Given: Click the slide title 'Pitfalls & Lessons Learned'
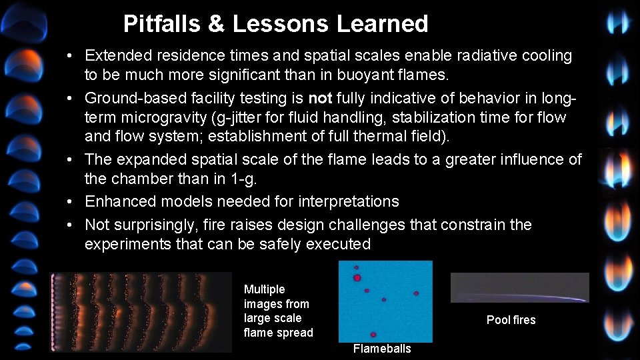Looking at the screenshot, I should [x=275, y=24].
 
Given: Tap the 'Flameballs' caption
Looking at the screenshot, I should [x=382, y=349].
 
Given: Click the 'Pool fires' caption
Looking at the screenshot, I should [x=511, y=320].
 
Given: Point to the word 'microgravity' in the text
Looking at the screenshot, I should [x=166, y=118].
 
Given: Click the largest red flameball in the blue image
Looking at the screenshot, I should [x=357, y=277].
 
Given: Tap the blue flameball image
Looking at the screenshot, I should [x=385, y=301].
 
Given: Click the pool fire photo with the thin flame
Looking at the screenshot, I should [x=519, y=287].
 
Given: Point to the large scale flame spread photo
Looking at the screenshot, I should [x=142, y=311].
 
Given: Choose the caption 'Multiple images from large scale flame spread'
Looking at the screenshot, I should [x=278, y=311].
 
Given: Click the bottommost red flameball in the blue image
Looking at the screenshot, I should [x=373, y=334].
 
